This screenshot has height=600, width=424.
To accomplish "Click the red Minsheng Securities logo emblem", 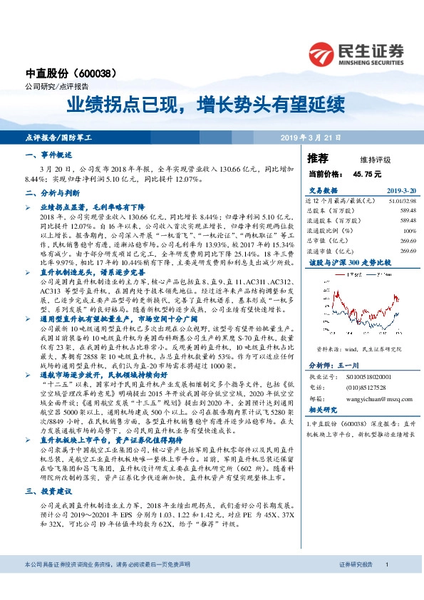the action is pyautogui.click(x=321, y=51).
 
